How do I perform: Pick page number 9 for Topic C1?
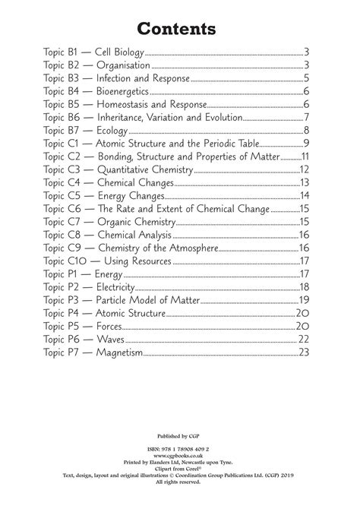305,143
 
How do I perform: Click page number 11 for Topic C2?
304,156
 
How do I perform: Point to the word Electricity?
115,286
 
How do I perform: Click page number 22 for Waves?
303,339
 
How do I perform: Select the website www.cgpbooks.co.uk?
180,457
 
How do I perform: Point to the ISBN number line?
180,450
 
